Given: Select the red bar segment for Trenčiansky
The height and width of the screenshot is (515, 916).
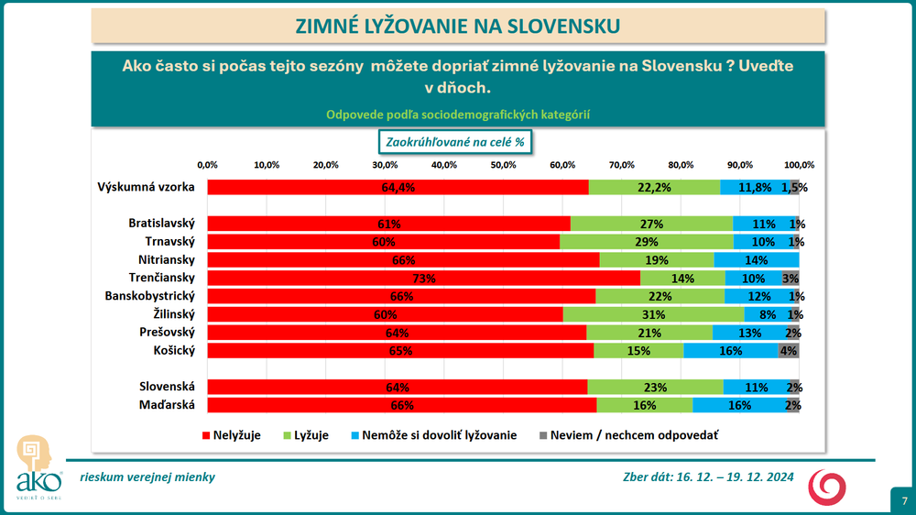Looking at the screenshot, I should (423, 278).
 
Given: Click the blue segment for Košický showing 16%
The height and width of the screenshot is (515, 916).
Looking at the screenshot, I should (730, 350).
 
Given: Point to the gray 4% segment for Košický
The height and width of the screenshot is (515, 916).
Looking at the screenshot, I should (788, 350).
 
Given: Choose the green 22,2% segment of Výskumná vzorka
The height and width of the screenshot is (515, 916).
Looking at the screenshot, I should (654, 187).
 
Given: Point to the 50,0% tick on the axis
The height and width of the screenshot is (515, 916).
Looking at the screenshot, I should (503, 165).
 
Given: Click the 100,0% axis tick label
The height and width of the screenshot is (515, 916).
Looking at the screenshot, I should (799, 165).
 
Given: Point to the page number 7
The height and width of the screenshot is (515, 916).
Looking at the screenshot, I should (903, 501).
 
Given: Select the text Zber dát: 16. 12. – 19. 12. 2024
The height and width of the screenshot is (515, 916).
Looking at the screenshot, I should (708, 477).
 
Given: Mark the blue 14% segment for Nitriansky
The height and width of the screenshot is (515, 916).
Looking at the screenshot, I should (757, 260).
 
